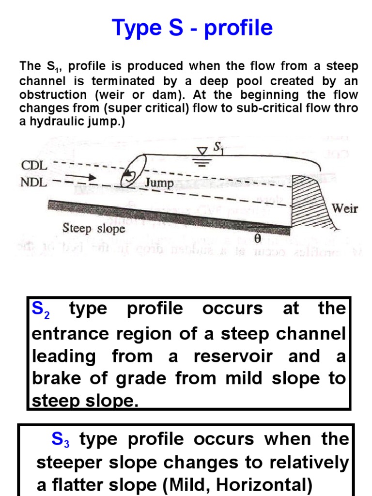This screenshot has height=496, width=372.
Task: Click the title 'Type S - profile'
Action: point(192,28)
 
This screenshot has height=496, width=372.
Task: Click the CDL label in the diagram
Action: point(34,165)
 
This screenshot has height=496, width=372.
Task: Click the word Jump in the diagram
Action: point(158,183)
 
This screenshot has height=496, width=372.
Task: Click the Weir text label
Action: point(344,209)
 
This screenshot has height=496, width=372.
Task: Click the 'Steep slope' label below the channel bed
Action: point(93,228)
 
